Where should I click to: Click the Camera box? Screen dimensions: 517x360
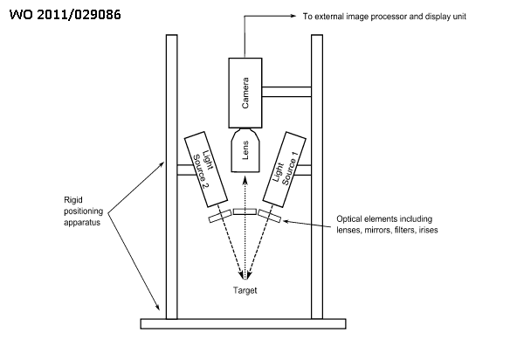[245, 93]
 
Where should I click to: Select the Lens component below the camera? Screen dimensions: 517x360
[245, 150]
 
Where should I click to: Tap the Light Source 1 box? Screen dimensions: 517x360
[284, 170]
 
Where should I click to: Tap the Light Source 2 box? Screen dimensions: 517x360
[206, 170]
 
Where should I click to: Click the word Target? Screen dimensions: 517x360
[245, 290]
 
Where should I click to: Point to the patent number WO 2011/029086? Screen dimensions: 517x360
[65, 15]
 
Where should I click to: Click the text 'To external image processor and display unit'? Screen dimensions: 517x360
[384, 17]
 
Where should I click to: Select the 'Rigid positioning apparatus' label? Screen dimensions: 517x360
[84, 211]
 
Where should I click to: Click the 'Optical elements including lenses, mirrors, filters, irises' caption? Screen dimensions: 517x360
[387, 225]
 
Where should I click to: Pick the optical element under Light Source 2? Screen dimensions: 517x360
[220, 216]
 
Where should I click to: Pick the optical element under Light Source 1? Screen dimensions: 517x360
[269, 216]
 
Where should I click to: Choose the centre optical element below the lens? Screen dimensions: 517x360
[245, 211]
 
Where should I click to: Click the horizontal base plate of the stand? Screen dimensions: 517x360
[244, 324]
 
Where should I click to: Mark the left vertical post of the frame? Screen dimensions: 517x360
[172, 177]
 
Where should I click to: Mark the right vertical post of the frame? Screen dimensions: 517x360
[317, 177]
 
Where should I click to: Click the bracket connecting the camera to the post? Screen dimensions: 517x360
[286, 92]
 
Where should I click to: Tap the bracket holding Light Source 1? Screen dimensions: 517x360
[304, 170]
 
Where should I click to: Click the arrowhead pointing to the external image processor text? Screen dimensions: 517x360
[293, 16]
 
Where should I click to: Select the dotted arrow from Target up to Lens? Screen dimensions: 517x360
[245, 228]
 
